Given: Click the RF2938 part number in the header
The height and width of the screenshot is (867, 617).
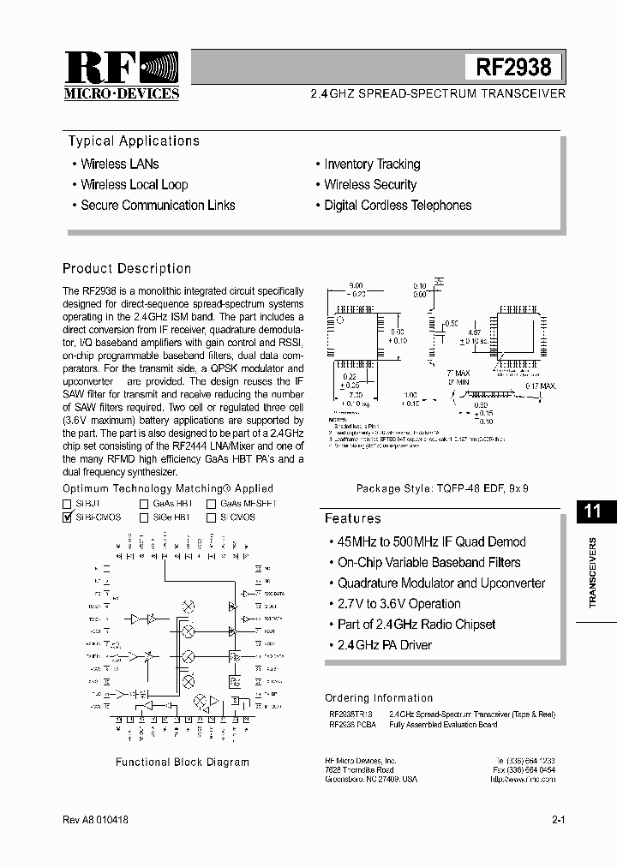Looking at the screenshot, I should [x=514, y=67].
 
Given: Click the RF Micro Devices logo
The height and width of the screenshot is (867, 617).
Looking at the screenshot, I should [x=122, y=75].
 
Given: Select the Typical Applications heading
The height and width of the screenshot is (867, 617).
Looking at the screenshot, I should [x=134, y=141].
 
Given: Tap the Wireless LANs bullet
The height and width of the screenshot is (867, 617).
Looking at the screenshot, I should [x=119, y=164].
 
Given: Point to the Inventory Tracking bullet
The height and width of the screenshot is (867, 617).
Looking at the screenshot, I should [x=372, y=164].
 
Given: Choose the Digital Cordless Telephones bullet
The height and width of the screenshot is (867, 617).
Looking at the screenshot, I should [x=398, y=205].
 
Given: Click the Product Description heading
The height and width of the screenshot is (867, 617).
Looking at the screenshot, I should [x=127, y=268].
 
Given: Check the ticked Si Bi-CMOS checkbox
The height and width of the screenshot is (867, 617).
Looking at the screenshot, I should [x=68, y=517].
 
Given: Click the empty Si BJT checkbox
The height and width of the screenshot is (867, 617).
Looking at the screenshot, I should [x=68, y=504].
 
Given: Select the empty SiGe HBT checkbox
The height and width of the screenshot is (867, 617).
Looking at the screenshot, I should [x=145, y=517].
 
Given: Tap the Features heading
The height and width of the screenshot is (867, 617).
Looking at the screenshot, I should [x=353, y=518].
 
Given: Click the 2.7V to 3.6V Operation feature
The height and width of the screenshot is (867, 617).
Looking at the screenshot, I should [x=398, y=603].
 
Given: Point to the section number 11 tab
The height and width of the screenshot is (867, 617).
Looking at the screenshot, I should [x=592, y=511].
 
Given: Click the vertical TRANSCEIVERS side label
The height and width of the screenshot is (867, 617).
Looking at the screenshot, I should [x=593, y=573].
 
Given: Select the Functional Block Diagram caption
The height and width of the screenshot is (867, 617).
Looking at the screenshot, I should [x=183, y=762].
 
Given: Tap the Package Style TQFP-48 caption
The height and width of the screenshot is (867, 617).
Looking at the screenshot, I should [x=442, y=487].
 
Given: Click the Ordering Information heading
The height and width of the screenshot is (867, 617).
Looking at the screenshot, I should [x=379, y=698].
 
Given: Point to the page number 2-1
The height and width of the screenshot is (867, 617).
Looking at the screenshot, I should [x=558, y=820].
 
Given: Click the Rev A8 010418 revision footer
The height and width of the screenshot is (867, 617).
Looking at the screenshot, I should [x=96, y=820].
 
